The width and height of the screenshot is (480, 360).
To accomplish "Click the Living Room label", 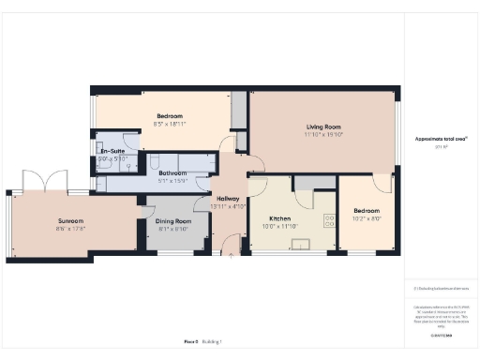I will [322, 127].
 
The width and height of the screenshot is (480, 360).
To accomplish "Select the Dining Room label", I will [173, 221].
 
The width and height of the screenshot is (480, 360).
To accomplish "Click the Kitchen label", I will [280, 218].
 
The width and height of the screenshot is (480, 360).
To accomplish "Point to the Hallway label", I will [228, 199].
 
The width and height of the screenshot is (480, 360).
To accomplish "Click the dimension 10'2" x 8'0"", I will [367, 218].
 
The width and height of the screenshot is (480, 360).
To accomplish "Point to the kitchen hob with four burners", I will [329, 221].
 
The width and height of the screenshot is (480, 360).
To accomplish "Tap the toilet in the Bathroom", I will [155, 161].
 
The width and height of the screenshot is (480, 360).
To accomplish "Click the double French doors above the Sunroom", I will [45, 180].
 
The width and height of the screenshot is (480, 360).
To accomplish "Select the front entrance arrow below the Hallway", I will [232, 251].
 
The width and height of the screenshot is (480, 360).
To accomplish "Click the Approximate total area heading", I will [434, 139].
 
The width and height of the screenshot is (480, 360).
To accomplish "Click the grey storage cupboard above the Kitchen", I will [307, 182].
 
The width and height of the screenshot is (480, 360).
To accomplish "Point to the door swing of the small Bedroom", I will [381, 184].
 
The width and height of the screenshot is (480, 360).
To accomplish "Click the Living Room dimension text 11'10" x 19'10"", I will [322, 134].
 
